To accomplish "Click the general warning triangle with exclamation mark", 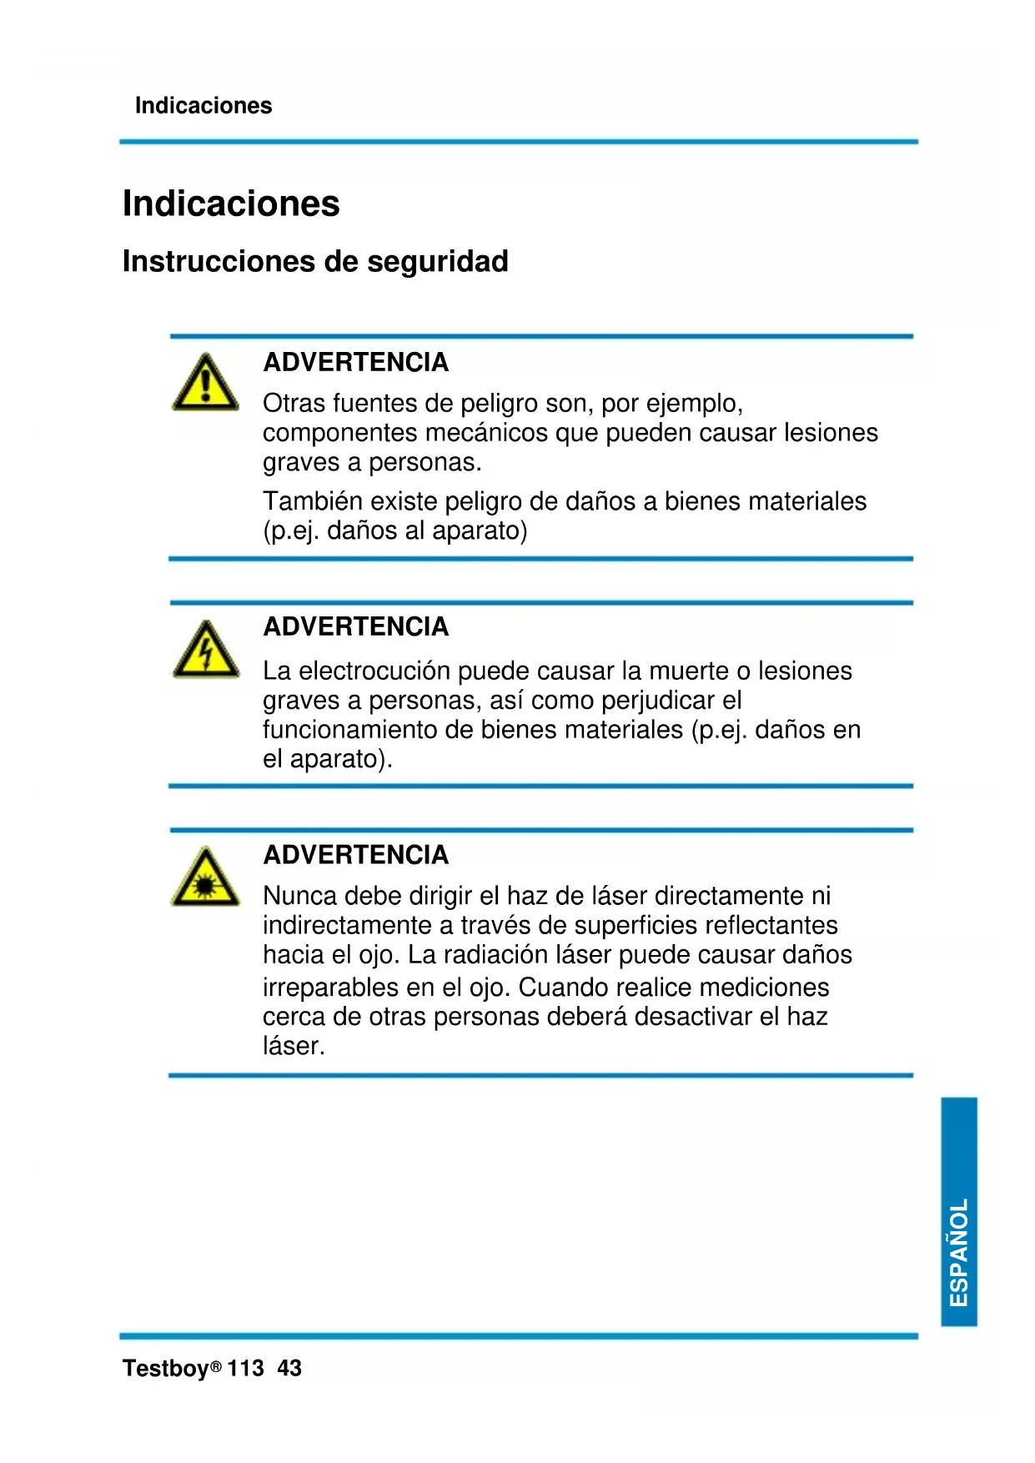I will pyautogui.click(x=205, y=383).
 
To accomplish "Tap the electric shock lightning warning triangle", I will pyautogui.click(x=205, y=650).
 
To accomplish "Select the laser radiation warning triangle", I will pyautogui.click(x=205, y=877).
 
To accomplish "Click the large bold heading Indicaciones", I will pyautogui.click(x=231, y=204).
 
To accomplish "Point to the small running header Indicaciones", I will pyautogui.click(x=203, y=106).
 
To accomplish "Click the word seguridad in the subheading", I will pyautogui.click(x=437, y=262).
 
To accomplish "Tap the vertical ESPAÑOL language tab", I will pyautogui.click(x=959, y=1211).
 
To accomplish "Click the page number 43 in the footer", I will pyautogui.click(x=289, y=1369).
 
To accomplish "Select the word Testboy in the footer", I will pyautogui.click(x=165, y=1369).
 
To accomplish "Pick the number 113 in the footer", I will pyautogui.click(x=245, y=1369).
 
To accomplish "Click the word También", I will pyautogui.click(x=313, y=501).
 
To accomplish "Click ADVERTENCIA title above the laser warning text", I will pyautogui.click(x=356, y=855).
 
